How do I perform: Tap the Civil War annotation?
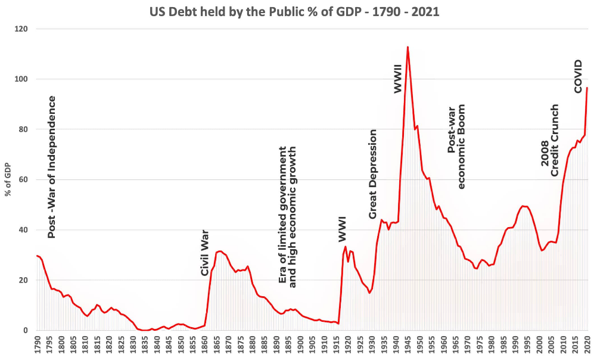coord(205,253)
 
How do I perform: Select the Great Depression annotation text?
coord(373,173)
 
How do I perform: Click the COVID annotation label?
coord(578,76)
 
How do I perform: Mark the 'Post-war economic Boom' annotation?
coord(456,147)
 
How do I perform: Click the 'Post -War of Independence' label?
coord(52,167)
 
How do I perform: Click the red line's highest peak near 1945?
coord(408,47)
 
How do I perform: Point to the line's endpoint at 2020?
coord(587,88)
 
